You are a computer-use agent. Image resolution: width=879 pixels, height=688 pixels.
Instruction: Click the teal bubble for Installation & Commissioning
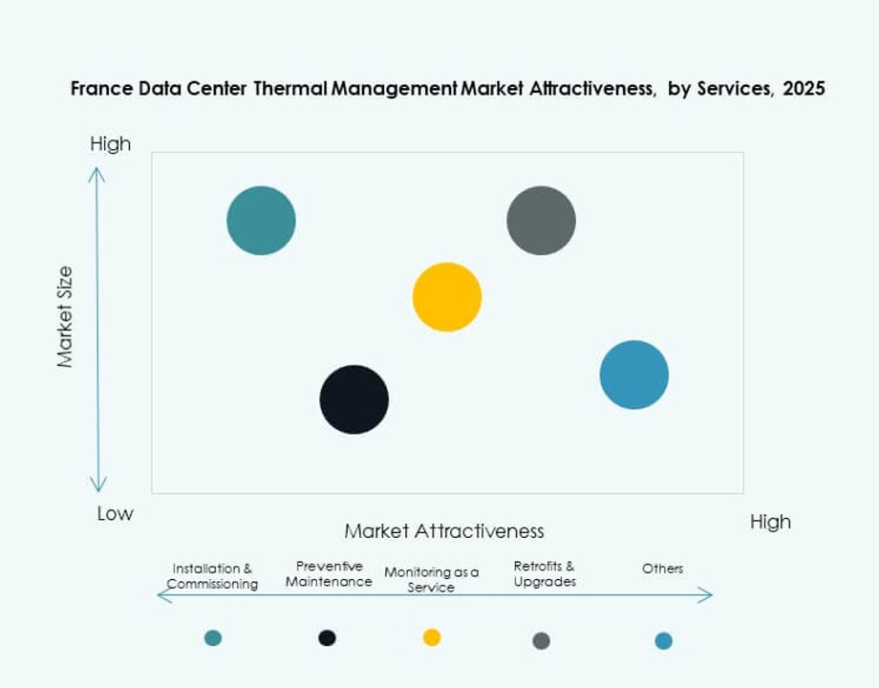261,221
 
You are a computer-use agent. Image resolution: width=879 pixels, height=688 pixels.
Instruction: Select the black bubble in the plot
354,399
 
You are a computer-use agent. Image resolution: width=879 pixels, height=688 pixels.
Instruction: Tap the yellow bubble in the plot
447,297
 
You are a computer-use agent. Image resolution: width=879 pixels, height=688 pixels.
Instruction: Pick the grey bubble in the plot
541,221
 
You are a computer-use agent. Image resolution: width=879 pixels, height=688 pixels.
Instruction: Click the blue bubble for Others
634,375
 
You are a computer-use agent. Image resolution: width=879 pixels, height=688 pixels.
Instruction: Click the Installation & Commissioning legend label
212,576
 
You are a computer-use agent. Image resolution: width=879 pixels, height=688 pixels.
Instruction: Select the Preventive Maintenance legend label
329,574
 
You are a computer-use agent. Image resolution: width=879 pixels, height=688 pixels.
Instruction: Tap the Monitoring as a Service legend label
431,579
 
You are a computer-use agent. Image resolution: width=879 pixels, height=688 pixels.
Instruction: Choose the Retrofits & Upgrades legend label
545,574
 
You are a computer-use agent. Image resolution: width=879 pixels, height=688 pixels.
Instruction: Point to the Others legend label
662,569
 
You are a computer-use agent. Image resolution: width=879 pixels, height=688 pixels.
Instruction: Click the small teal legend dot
213,637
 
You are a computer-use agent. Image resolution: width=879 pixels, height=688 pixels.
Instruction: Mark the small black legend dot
327,637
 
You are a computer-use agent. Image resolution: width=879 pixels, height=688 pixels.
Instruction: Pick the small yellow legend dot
432,637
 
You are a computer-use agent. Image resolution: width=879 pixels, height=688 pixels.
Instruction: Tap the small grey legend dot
541,640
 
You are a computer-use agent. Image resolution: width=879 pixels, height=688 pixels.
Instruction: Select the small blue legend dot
663,640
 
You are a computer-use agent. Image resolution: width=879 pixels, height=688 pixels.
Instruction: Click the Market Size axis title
65,317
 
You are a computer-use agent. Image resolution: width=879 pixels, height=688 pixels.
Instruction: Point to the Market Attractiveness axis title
444,531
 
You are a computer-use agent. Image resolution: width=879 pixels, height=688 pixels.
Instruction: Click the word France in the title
97,90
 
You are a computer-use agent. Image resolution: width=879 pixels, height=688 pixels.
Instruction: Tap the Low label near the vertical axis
115,514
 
